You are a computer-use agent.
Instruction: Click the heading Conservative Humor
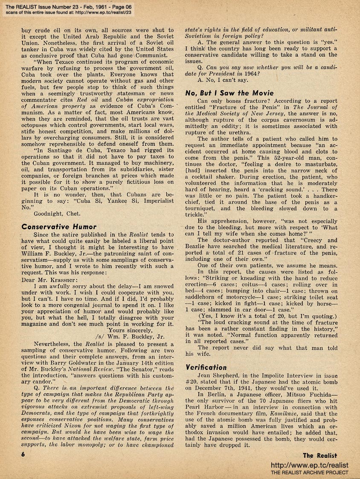click(x=59, y=227)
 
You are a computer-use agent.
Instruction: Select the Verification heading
click(x=206, y=367)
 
